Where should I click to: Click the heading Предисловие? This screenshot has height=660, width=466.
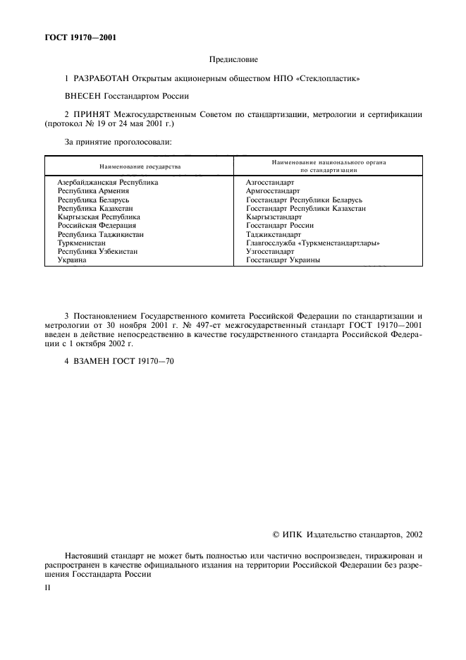click(233, 61)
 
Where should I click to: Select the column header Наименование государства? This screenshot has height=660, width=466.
click(140, 166)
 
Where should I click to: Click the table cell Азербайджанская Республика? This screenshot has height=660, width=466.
click(107, 182)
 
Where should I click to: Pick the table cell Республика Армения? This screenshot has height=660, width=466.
click(93, 191)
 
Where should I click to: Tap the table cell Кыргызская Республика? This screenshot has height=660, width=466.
click(99, 217)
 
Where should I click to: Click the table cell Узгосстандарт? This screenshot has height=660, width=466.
click(270, 252)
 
